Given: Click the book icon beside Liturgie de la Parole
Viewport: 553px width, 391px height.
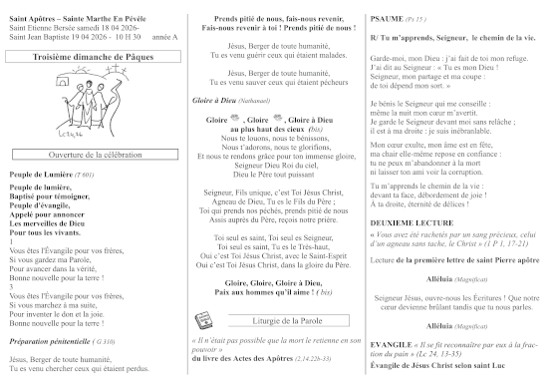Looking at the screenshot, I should (199, 318).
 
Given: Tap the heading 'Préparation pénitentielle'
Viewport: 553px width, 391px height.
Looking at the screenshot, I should (53, 341).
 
